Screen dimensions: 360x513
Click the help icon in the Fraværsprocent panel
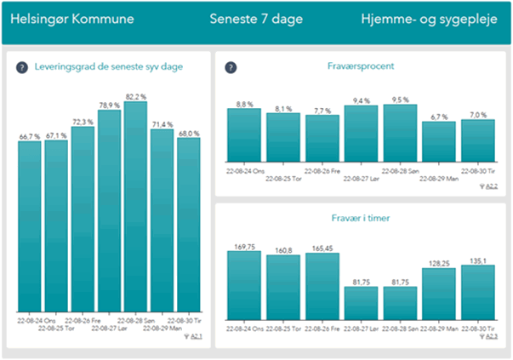coord(231,67)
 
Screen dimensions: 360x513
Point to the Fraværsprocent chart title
coord(358,66)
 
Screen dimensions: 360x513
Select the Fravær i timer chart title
coord(358,219)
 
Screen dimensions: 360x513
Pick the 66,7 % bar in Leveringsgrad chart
coord(30,226)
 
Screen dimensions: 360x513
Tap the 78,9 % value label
coord(110,106)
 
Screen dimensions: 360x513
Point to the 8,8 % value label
coord(244,104)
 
